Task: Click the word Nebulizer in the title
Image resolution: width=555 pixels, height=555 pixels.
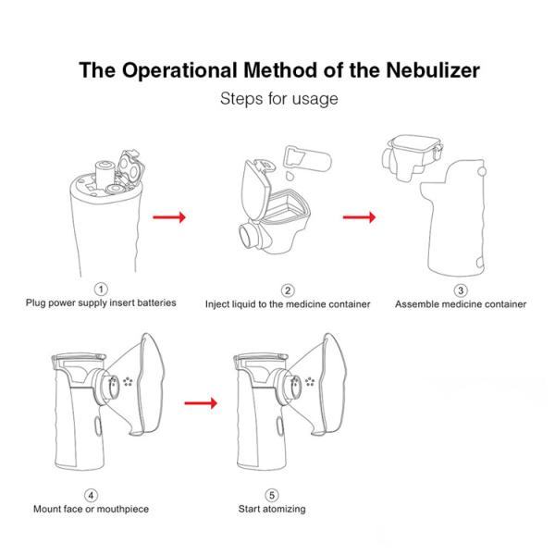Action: [425, 71]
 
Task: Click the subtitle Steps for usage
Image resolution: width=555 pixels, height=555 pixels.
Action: [277, 98]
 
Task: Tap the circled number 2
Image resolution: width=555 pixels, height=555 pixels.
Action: [288, 290]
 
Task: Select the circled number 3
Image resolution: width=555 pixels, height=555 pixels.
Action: [461, 290]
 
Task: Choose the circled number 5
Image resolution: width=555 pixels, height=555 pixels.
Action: [272, 494]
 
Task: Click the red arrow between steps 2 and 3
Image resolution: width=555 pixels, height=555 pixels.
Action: [359, 217]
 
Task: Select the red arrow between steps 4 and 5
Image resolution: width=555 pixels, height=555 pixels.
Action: [201, 403]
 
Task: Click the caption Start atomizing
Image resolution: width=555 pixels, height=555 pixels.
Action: [272, 509]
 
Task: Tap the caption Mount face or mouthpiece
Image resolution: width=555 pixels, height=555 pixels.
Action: [91, 509]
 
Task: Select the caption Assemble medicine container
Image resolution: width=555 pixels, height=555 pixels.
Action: [461, 303]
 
